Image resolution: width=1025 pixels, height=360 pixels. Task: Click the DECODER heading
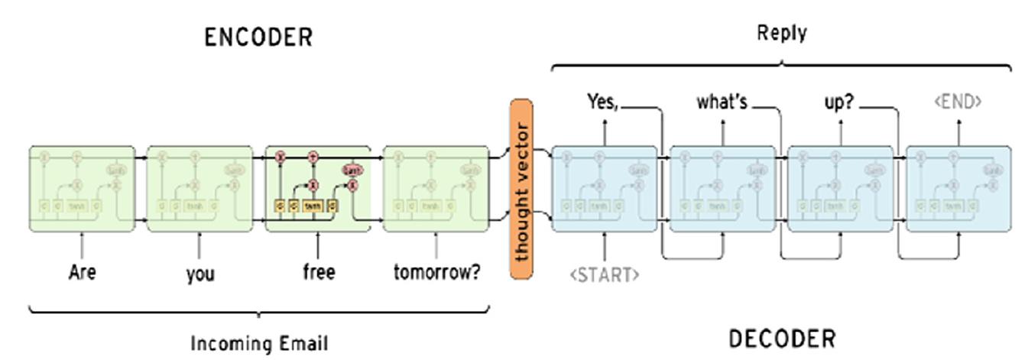pos(782,338)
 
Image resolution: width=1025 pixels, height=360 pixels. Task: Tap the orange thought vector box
pos(521,188)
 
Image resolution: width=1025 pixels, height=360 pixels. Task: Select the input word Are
pos(82,272)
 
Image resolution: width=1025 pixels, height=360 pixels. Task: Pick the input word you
pos(199,273)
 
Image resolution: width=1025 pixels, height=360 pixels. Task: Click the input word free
pos(318,272)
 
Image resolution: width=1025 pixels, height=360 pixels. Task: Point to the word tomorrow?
pos(436,272)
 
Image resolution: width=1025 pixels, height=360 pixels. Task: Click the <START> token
pos(605,274)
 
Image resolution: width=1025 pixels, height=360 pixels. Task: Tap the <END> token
pos(958,102)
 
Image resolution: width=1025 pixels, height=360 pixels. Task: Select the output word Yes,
pos(602,101)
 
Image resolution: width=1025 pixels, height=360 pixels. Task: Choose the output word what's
pos(722,101)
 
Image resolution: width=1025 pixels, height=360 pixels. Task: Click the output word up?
pos(838,102)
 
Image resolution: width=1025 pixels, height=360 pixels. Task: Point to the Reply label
pos(781,33)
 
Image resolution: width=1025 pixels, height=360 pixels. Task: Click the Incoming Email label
pos(259,343)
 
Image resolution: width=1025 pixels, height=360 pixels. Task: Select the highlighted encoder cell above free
pos(318,189)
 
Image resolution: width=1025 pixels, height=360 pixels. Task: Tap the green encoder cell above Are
pos(82,189)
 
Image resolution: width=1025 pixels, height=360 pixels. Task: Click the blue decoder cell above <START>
pos(605,189)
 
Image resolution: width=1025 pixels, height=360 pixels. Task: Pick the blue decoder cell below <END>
pos(958,189)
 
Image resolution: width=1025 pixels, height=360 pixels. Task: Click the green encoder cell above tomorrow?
pos(436,189)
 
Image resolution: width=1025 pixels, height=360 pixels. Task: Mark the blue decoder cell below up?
pos(840,189)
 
